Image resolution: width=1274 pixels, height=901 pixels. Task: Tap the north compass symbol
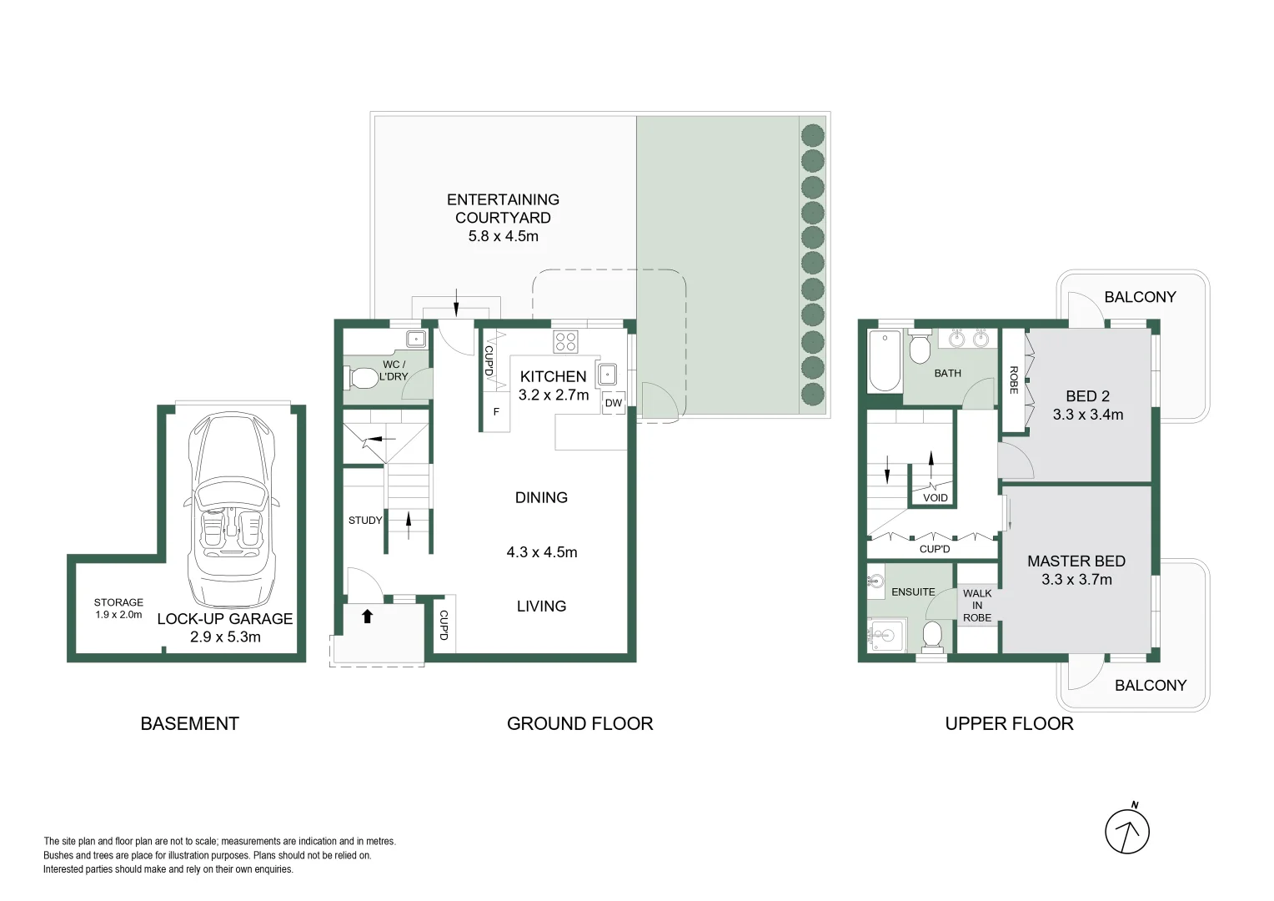coord(1127,831)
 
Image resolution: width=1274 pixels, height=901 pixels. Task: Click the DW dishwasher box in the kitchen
coord(614,403)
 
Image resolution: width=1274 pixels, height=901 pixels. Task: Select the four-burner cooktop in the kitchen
coord(565,341)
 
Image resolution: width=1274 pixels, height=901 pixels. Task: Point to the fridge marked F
coord(496,412)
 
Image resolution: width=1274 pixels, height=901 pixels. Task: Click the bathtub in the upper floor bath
coord(885,360)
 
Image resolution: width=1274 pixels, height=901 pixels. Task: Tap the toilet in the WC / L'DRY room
coord(362,378)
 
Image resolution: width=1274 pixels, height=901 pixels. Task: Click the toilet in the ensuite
coord(932,635)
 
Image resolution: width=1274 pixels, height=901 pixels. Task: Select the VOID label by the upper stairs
coord(935,498)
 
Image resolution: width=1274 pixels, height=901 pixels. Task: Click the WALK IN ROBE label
coord(977,606)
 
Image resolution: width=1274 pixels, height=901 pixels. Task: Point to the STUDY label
coord(365,521)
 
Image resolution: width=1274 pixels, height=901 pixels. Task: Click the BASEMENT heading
coord(189,724)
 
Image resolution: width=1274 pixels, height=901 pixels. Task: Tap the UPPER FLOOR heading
coord(1009,724)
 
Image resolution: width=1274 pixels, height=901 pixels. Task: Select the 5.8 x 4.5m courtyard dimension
coord(503,236)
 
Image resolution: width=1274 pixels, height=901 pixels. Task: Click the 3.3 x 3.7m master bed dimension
coord(1076,580)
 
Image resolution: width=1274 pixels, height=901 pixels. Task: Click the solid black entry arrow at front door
coord(367,617)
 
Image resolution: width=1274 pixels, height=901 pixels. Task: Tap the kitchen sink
coord(608,375)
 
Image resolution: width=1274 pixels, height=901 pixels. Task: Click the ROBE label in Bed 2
coord(1014,380)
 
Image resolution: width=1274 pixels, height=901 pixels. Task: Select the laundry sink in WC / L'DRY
coord(415,339)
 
